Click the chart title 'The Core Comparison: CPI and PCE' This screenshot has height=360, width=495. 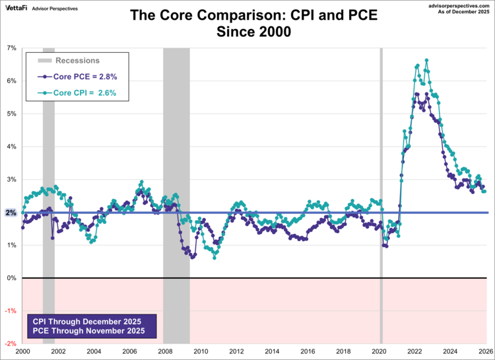click(x=253, y=15)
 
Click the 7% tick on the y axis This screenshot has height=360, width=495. click(x=11, y=48)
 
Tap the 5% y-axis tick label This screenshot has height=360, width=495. click(x=11, y=114)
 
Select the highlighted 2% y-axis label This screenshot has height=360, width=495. click(x=11, y=212)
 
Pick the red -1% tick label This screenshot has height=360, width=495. click(x=11, y=310)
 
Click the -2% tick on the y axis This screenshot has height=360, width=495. click(x=11, y=343)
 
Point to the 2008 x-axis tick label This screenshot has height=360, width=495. click(x=165, y=351)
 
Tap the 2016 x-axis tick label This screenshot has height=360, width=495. click(x=308, y=351)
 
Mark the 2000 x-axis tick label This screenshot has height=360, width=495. click(x=23, y=351)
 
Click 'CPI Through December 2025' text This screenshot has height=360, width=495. click(x=89, y=322)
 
